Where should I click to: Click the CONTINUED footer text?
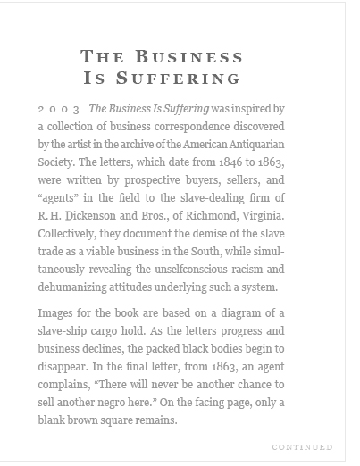(302, 446)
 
